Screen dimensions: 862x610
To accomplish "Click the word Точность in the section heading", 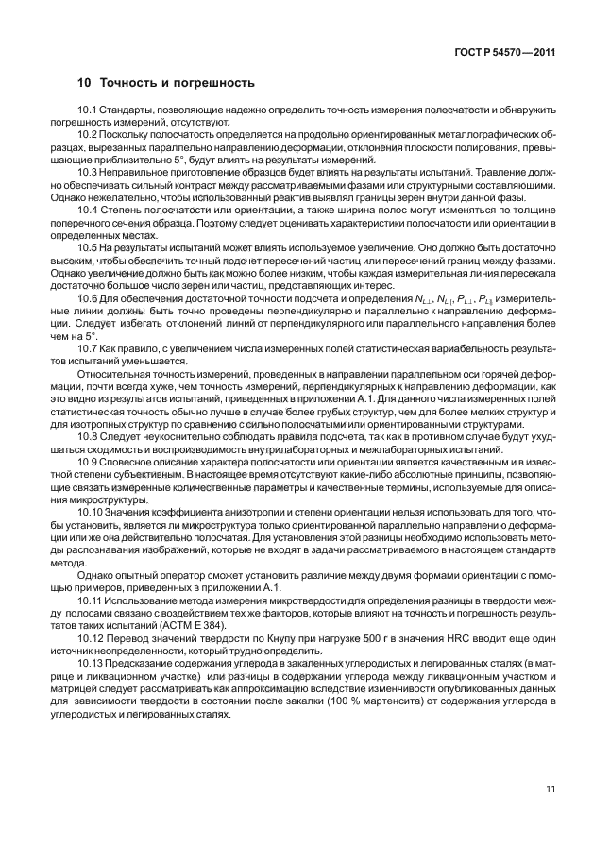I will tap(127, 82).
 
